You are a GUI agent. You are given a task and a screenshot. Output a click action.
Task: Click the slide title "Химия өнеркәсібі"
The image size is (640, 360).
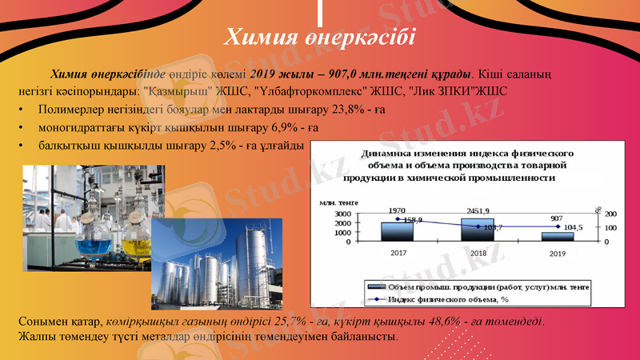[x=319, y=36]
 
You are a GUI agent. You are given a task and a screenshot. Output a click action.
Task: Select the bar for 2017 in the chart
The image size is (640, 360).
[x=397, y=231]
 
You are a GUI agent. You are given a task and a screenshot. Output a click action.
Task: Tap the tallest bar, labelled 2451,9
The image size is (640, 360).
[x=478, y=230]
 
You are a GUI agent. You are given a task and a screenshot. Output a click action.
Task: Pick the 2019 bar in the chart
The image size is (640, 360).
[x=558, y=236]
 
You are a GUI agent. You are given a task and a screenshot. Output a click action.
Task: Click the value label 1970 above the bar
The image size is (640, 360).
[x=397, y=210]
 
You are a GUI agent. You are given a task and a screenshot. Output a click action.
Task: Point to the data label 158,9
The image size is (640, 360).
[x=414, y=220]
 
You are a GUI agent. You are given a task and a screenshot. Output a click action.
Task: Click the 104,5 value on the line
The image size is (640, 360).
[x=574, y=227]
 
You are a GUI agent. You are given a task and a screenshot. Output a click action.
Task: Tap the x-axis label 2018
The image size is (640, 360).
[x=478, y=253]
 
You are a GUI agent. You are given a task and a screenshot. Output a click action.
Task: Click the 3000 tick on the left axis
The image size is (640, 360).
[x=342, y=214]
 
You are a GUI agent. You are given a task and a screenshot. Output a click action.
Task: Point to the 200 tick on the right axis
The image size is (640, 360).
[x=610, y=214]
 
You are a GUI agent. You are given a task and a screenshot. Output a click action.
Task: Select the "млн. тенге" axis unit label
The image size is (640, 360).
[x=340, y=202]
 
